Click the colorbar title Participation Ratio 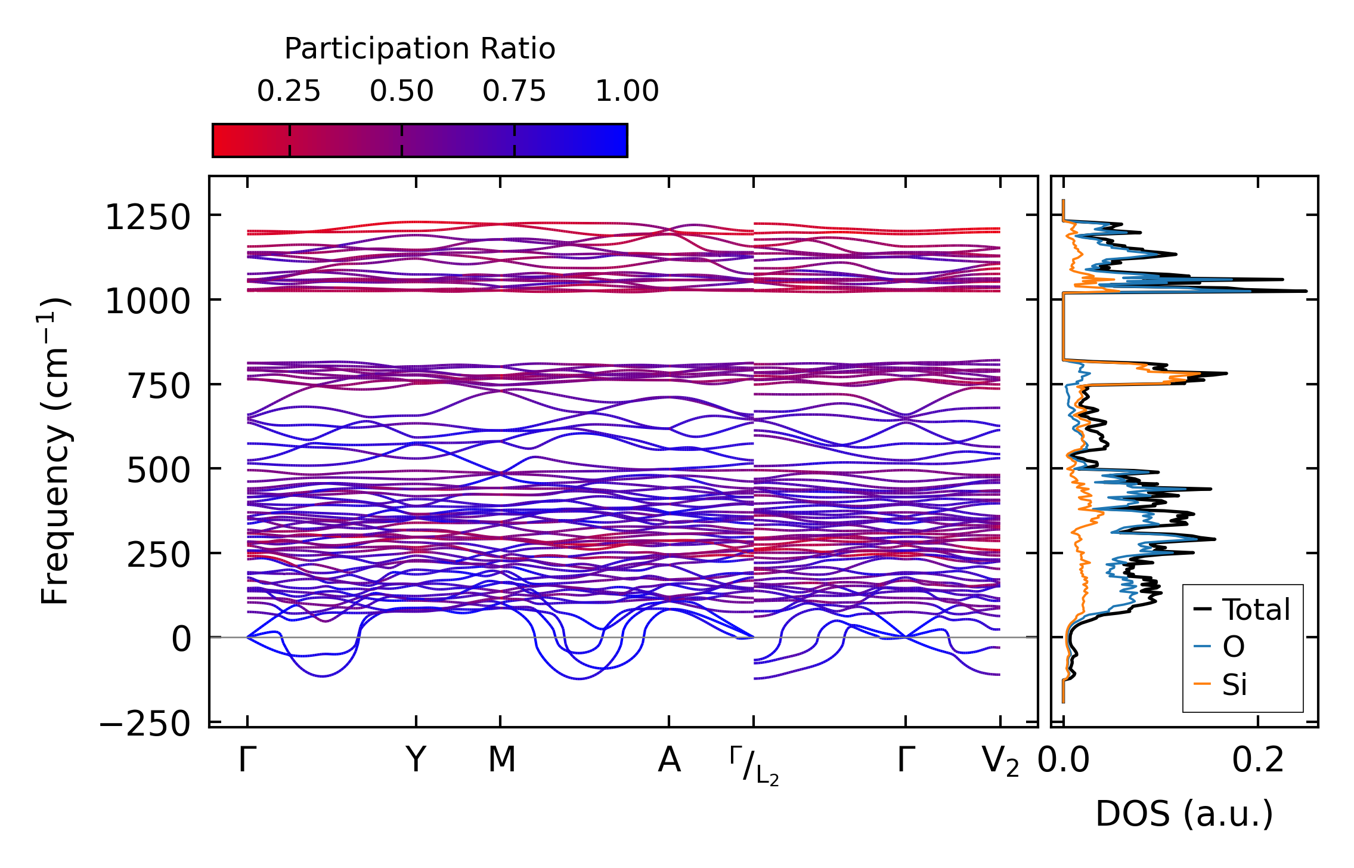tap(420, 49)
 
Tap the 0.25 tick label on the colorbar tap(289, 91)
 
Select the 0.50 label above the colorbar tap(402, 91)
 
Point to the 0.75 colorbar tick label tap(515, 91)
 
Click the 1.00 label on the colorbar tap(627, 91)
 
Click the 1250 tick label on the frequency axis tap(147, 217)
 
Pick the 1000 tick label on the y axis tap(147, 302)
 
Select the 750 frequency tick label tap(159, 387)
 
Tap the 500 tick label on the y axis tap(159, 471)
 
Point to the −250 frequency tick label tap(145, 725)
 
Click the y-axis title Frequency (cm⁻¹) tap(54, 451)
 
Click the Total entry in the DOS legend tap(1256, 610)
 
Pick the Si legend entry tap(1235, 684)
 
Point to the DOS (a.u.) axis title tap(1184, 814)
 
